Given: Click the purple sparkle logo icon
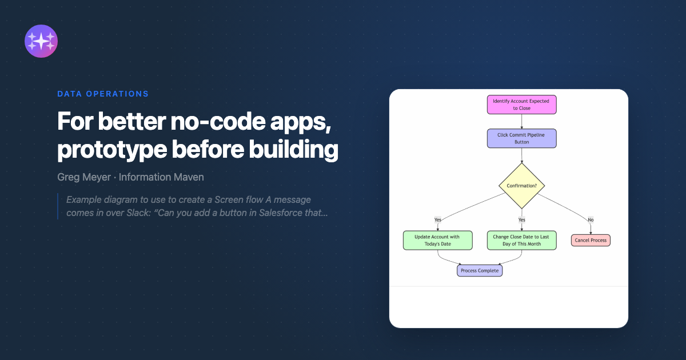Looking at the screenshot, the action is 41,41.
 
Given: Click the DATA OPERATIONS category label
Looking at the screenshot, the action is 103,94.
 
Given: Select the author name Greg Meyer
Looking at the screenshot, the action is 84,177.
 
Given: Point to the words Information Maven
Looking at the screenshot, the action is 161,177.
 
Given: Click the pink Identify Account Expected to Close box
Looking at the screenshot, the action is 521,105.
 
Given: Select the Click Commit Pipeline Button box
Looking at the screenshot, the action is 521,138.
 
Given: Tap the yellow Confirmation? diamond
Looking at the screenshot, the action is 521,186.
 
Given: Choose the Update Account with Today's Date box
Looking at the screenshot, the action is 438,241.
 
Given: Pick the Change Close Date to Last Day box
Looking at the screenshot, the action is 521,241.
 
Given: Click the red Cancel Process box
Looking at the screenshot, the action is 591,241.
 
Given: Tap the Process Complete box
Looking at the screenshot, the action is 480,271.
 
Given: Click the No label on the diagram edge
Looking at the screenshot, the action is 591,220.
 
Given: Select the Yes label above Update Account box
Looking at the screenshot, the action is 438,220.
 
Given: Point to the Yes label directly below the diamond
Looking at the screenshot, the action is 521,220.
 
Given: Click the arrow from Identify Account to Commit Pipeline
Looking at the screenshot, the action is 521,122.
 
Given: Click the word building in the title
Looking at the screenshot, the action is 293,149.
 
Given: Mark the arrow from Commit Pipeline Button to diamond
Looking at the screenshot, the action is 521,155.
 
